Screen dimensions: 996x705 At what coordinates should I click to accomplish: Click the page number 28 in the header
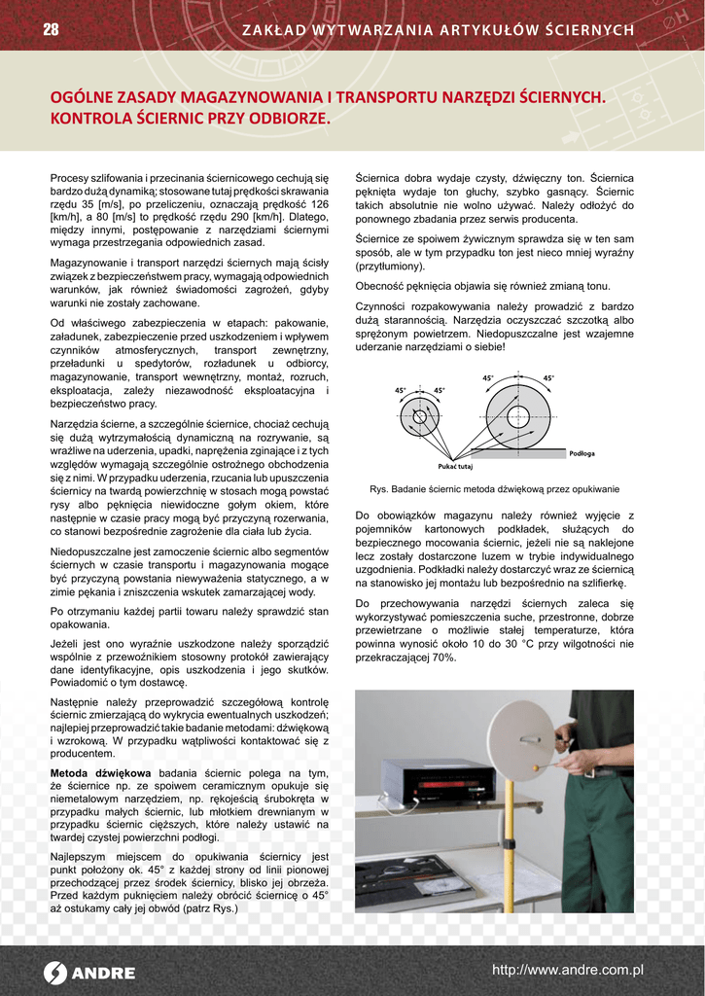51,30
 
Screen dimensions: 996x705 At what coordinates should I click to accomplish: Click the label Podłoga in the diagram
582,454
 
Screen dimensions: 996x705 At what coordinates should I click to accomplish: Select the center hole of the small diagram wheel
420,417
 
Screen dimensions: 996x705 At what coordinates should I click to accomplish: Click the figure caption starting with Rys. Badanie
494,489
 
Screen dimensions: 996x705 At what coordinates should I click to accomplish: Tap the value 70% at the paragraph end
442,658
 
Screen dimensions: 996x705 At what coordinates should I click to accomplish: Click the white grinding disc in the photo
520,739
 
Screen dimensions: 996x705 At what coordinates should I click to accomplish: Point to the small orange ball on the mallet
533,765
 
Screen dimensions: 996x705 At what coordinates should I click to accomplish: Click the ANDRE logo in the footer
89,973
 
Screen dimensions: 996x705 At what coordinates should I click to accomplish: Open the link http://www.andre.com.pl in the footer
568,970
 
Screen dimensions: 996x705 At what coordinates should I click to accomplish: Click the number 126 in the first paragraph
318,205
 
